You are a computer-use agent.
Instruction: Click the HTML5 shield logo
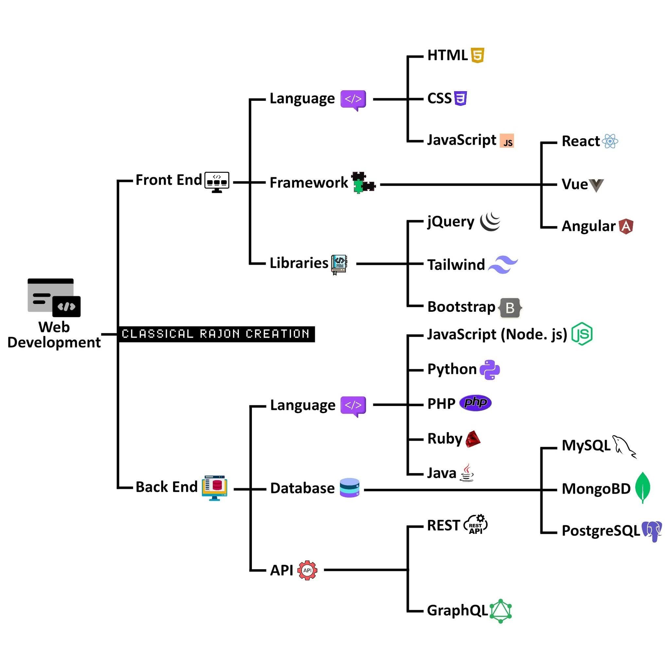click(477, 56)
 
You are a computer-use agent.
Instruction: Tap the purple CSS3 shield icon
click(460, 98)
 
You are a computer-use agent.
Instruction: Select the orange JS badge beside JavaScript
click(507, 141)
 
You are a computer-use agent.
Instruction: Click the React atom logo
click(610, 141)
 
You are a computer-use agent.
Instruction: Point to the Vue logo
click(596, 185)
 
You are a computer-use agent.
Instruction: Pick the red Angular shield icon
click(626, 226)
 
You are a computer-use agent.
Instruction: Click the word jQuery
click(450, 221)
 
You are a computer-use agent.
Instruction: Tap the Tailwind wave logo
click(503, 265)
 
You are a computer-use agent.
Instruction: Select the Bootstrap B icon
click(510, 308)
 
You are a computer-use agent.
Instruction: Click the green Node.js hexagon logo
click(582, 334)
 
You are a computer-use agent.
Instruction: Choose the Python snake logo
click(489, 370)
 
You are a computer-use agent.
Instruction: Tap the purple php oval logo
click(475, 403)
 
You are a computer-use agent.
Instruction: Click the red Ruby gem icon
click(473, 439)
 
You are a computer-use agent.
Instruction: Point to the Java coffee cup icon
click(467, 473)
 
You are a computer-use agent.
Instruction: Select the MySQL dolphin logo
click(624, 446)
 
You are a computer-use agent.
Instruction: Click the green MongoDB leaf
click(643, 487)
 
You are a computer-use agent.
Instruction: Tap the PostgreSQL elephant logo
click(652, 531)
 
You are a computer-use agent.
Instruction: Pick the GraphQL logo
click(501, 611)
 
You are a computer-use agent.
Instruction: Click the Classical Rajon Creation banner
click(216, 334)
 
